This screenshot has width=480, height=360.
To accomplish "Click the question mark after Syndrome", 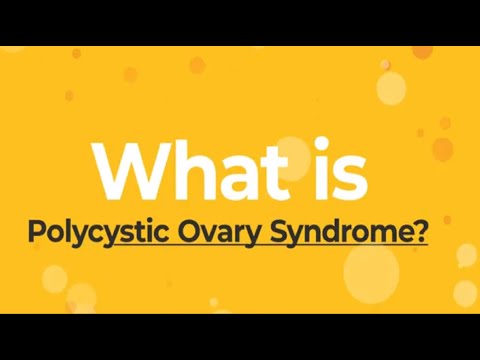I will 421,233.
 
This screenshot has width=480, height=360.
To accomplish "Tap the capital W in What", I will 128,169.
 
